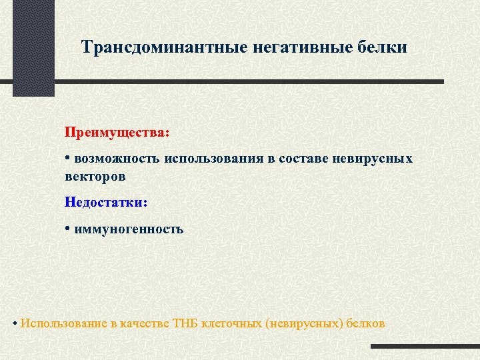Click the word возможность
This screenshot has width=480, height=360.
116,159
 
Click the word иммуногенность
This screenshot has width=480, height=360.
129,229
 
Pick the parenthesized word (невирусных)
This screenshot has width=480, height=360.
304,323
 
